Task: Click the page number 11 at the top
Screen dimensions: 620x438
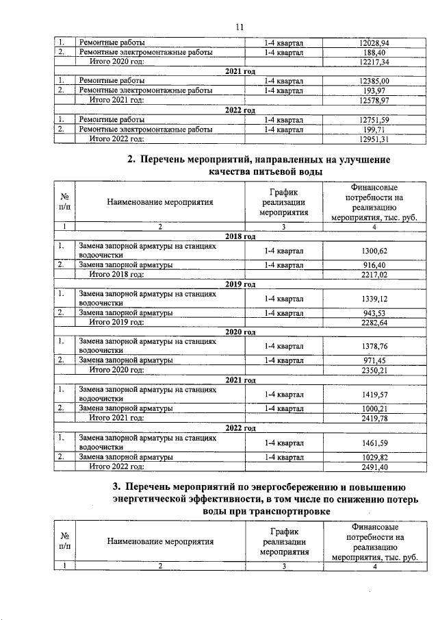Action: pos(239,27)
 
